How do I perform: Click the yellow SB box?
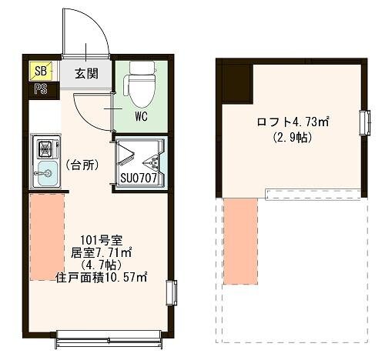41,70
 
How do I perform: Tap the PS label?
41,89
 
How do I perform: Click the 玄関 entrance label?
86,74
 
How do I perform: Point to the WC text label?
142,117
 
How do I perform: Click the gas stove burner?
46,148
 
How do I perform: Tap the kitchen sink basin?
46,174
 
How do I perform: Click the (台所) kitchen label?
82,165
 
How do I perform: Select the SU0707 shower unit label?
139,178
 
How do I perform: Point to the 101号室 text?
102,240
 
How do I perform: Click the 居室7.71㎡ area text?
101,253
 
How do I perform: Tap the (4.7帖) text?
101,265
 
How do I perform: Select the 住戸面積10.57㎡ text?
102,278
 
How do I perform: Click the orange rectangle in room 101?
47,237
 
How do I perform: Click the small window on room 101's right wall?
172,293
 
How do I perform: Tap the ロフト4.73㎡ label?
293,122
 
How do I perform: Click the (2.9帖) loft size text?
293,138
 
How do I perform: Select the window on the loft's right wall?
365,122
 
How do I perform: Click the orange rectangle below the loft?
241,242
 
